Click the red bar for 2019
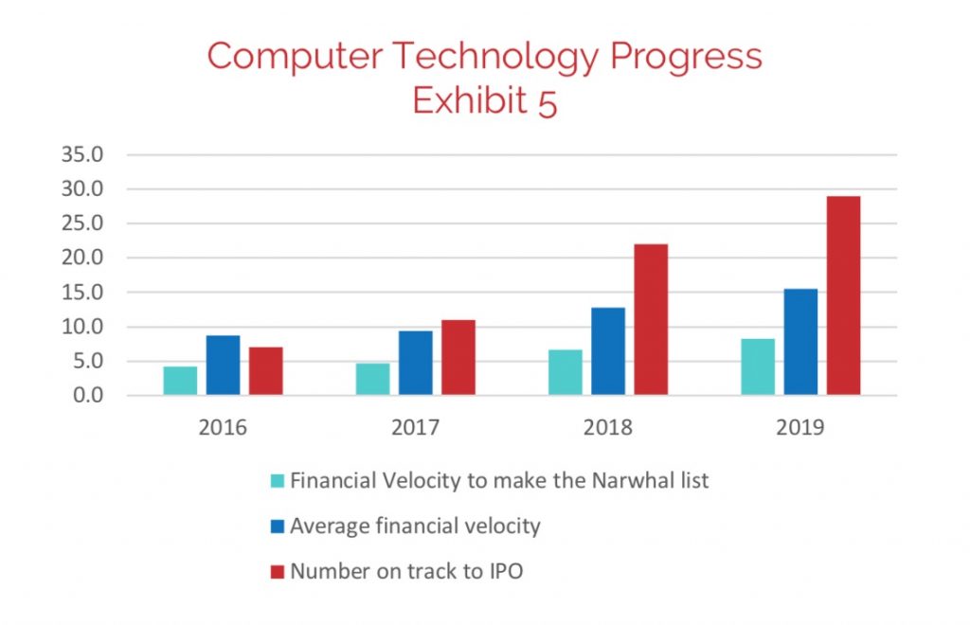(x=843, y=295)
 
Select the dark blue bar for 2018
(x=608, y=351)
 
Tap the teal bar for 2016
(x=180, y=381)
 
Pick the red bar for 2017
(x=458, y=357)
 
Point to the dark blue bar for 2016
(x=224, y=366)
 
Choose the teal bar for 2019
(x=758, y=366)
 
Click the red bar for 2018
(x=651, y=319)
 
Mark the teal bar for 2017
(x=372, y=379)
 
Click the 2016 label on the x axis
(x=223, y=427)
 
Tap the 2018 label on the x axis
(x=608, y=427)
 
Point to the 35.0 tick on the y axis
(x=82, y=154)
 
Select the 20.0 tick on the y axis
(x=82, y=258)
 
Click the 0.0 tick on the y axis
(x=87, y=395)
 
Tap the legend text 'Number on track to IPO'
(x=407, y=571)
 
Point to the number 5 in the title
(x=548, y=102)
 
